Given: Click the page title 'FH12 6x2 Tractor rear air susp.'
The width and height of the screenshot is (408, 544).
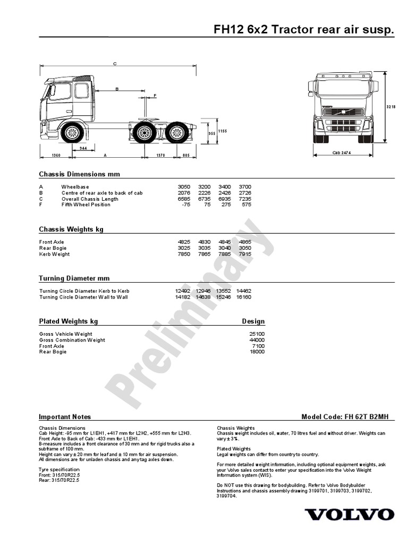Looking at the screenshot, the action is point(304,30).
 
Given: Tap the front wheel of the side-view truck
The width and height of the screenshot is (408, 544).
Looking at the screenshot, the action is point(70,133).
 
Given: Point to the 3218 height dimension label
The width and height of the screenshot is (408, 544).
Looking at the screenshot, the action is point(390,107).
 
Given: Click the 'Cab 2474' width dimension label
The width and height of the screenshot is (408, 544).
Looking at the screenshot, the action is point(342,152).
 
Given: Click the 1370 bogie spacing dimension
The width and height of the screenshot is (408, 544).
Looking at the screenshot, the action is point(160,155).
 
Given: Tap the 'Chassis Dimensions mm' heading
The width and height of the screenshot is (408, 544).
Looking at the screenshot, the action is point(79,174).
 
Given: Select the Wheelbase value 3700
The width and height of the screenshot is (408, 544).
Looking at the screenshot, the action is point(245,187).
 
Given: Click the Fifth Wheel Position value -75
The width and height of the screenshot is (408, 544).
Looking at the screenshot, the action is point(185,205).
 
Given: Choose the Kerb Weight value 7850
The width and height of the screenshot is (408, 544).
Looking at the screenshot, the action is point(183,254).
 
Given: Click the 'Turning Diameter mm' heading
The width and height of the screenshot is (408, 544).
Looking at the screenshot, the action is point(74,278).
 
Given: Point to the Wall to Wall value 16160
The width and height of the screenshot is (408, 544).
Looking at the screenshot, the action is point(244,297).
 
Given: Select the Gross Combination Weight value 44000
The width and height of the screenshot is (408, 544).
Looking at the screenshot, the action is point(257,340).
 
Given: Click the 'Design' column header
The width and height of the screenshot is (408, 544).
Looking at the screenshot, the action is point(253,321).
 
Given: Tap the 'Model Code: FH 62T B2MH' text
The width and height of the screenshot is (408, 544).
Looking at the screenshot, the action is point(348,417).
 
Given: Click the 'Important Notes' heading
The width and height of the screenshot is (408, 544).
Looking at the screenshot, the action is point(65,417).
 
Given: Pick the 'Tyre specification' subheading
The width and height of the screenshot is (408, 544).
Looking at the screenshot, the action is point(59,470).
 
